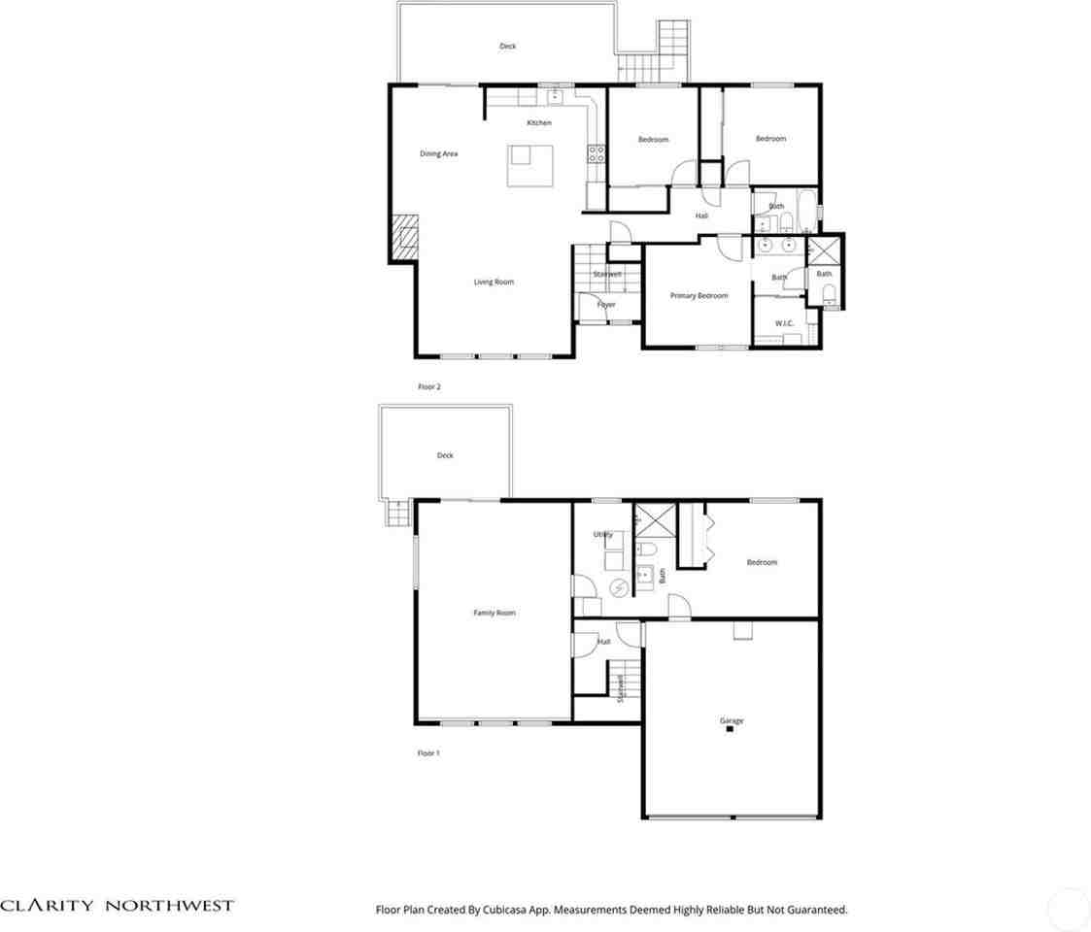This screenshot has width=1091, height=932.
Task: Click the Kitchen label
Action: [x=539, y=123]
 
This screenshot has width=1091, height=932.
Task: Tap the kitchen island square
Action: [x=529, y=165]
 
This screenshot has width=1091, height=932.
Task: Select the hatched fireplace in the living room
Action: [x=403, y=238]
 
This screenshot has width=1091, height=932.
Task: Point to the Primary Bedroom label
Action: [x=699, y=295]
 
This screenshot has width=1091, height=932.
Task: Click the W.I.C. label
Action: [x=784, y=322]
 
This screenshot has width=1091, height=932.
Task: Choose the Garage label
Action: [x=732, y=720]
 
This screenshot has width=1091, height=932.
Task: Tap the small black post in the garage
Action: [x=729, y=730]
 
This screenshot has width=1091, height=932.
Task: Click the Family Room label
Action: [x=494, y=613]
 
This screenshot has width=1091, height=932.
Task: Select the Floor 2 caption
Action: [x=429, y=386]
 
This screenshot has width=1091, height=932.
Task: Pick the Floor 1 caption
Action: [x=428, y=752]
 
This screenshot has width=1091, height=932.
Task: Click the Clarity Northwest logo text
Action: [x=117, y=905]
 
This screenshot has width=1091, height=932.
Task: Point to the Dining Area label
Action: [x=438, y=153]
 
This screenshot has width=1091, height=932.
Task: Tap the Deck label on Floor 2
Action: [x=507, y=46]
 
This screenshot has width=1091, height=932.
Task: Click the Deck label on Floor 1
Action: [x=445, y=455]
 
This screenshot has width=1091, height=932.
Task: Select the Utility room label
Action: [x=602, y=535]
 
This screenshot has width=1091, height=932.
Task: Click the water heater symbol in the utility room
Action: [x=618, y=587]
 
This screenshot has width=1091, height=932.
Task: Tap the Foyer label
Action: [x=605, y=305]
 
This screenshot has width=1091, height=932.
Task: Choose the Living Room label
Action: [x=494, y=283]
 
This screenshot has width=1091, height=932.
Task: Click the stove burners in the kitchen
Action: [x=597, y=153]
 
